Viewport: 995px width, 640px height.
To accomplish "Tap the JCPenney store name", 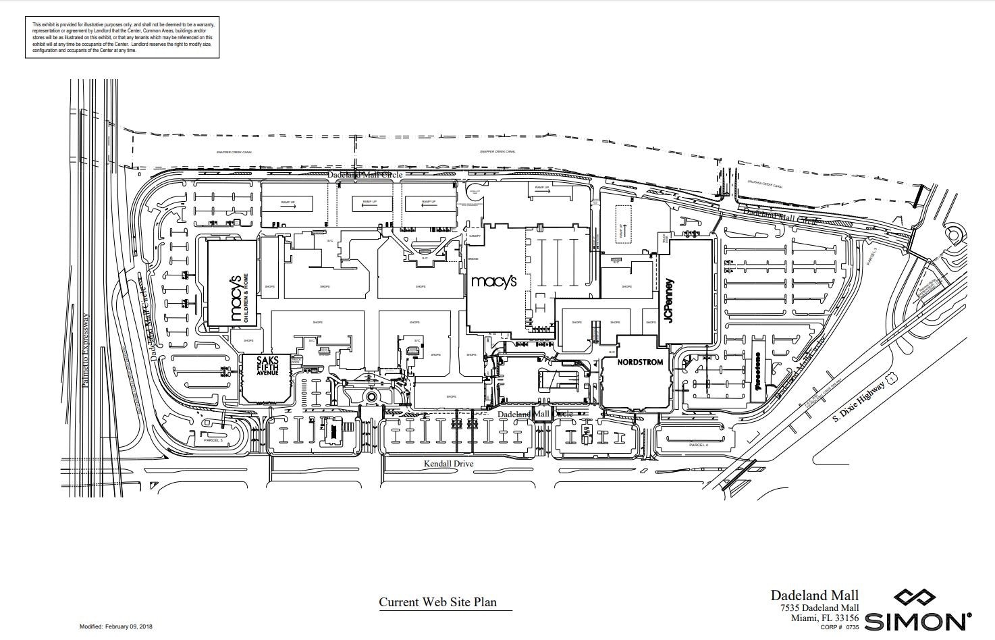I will pos(670,300).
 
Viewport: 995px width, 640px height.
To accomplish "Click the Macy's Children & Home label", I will pos(236,298).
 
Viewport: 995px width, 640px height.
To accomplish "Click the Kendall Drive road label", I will pos(448,464).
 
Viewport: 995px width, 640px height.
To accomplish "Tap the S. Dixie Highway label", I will pos(857,401).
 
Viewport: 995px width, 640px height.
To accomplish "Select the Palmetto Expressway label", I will pos(86,349).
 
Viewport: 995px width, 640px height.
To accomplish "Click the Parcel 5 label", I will pos(213,440).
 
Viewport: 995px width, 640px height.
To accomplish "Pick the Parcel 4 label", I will pos(698,445).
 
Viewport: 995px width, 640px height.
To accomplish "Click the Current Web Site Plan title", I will pos(437,602).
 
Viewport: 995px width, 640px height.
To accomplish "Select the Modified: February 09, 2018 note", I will pos(116,626).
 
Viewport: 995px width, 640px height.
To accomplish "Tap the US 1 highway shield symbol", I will pos(892,380).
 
